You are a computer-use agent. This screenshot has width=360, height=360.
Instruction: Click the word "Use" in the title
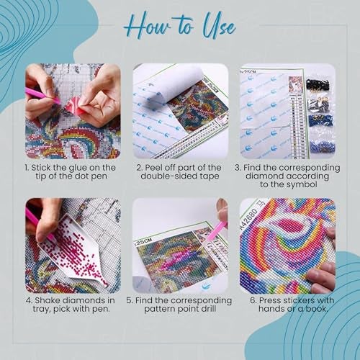[x=219, y=28]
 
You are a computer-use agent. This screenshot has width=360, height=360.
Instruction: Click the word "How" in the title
[x=148, y=28]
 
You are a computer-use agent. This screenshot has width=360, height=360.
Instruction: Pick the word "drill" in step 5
[x=208, y=309]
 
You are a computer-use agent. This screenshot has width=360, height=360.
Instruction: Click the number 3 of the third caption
[x=238, y=168]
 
